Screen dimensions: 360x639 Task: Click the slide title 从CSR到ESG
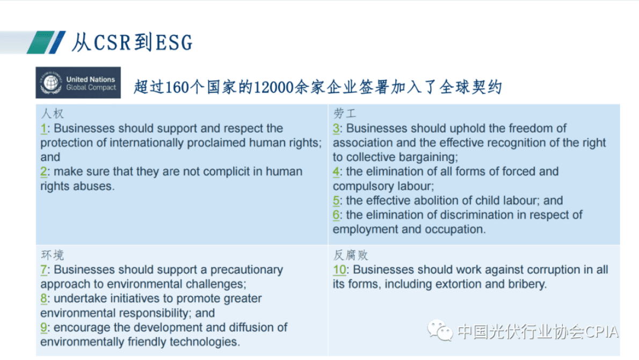pos(132,42)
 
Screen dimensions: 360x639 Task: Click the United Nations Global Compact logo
pos(78,83)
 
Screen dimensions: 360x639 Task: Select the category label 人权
pos(53,114)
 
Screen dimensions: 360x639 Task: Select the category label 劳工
pos(344,114)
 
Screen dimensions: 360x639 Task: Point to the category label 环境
pos(53,255)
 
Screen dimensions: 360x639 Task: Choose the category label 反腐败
pos(351,255)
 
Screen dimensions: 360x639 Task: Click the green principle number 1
pos(43,128)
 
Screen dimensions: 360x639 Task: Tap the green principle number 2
pos(43,171)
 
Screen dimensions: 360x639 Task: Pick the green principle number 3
pos(336,128)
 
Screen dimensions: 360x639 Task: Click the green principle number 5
pos(336,200)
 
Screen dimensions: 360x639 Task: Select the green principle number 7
pos(43,270)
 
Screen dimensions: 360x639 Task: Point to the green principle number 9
pos(43,327)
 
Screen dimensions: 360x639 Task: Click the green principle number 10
pos(339,270)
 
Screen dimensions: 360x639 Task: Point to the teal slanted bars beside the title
pos(46,42)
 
